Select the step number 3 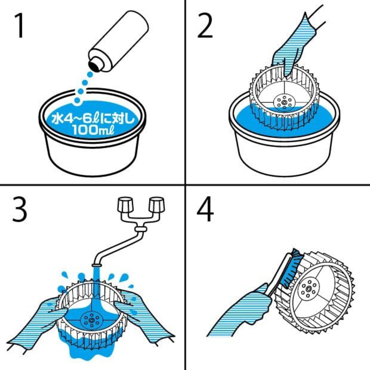point(19,210)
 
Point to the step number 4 point(205,210)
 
